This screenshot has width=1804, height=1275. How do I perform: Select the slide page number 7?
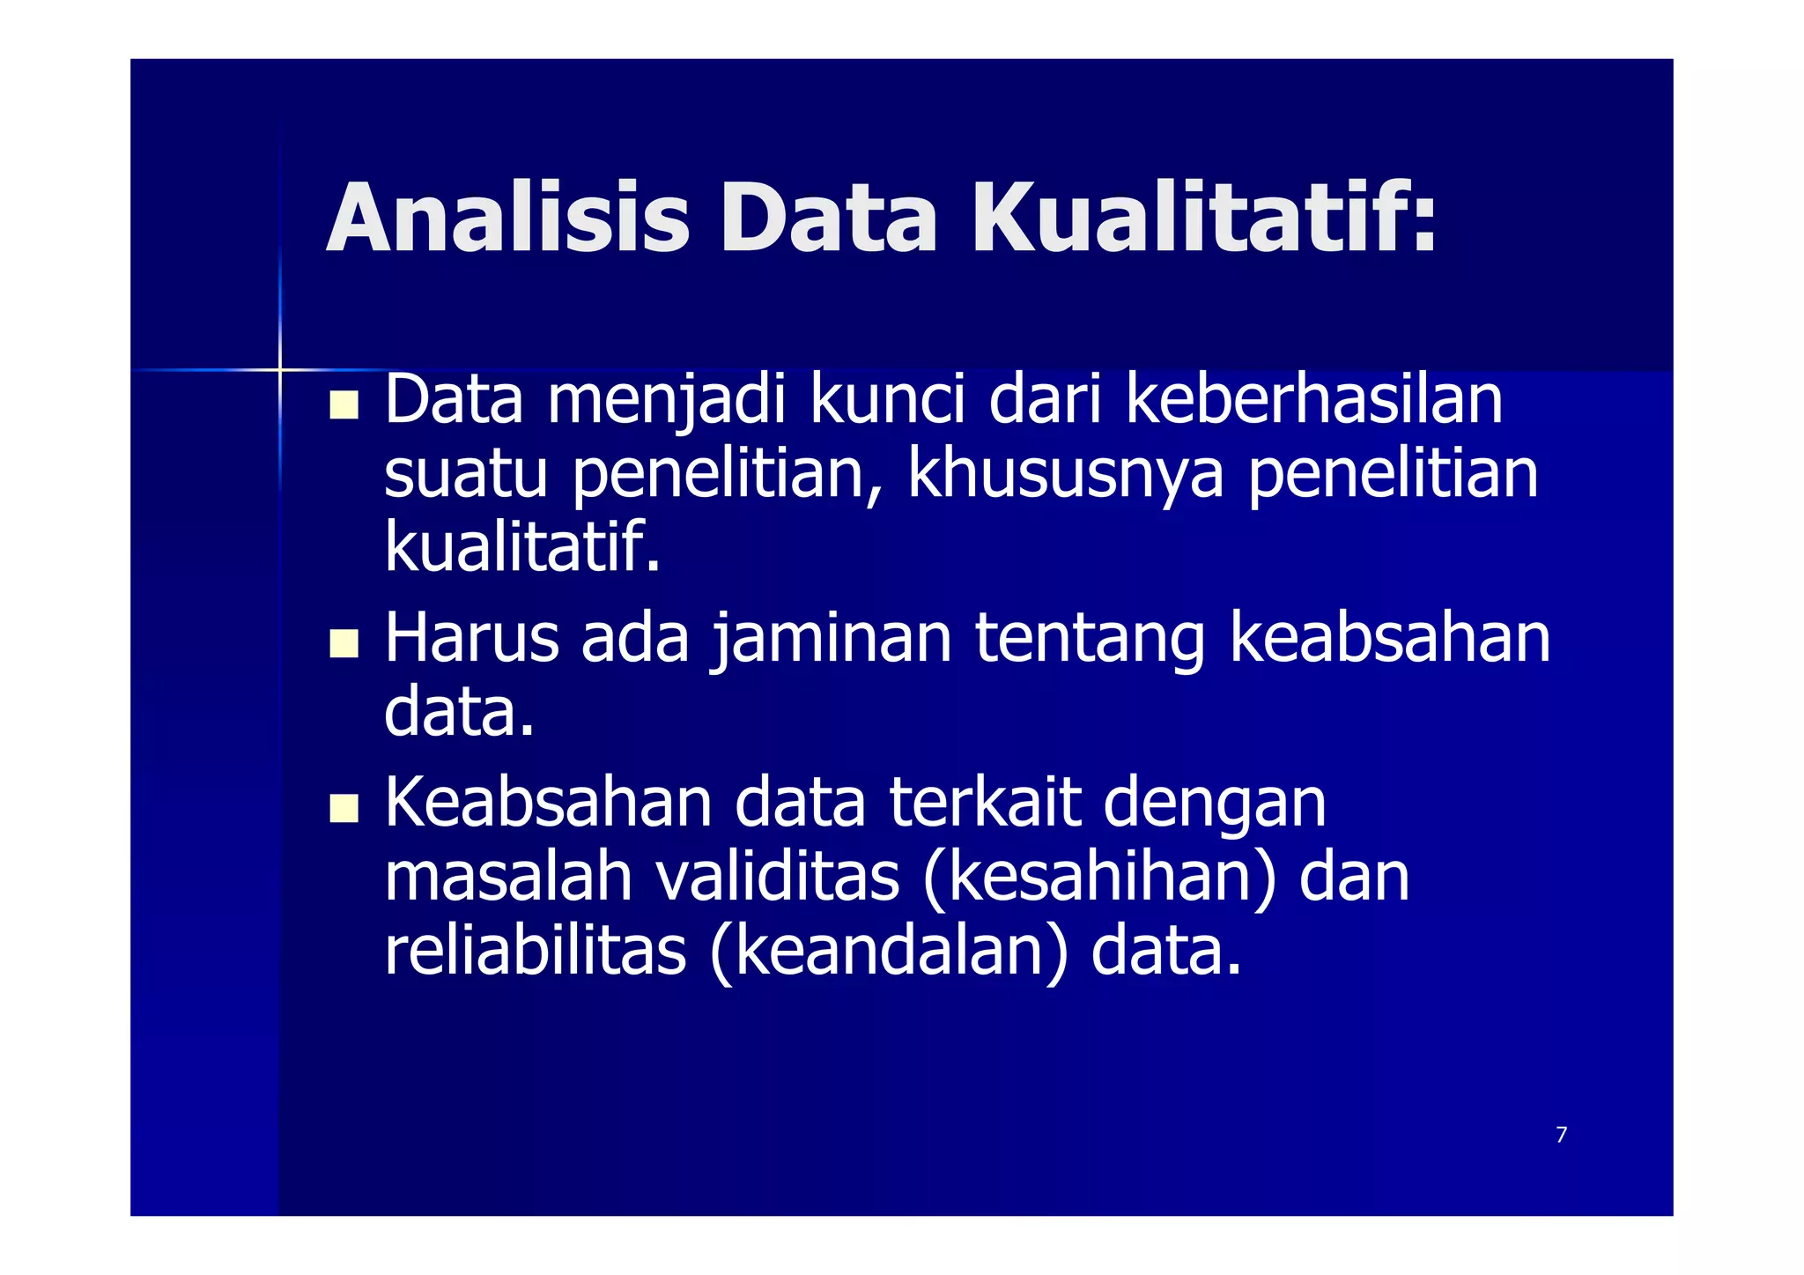[x=1561, y=1135]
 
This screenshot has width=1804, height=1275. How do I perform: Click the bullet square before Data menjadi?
[x=344, y=404]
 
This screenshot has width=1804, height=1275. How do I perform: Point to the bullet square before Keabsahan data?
[x=344, y=808]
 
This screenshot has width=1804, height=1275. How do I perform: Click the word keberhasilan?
[x=1314, y=401]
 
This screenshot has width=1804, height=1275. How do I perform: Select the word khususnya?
[x=1065, y=476]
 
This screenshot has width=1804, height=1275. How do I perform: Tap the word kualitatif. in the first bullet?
[x=521, y=546]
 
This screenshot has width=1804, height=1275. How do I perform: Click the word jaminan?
[x=832, y=641]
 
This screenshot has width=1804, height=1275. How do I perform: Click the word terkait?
[x=984, y=803]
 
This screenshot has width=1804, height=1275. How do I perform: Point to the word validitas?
[x=777, y=878]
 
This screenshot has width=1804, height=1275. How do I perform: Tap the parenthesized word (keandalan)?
[x=889, y=953]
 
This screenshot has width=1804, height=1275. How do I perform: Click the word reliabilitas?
[x=535, y=952]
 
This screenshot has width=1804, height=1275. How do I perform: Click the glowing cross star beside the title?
[x=280, y=369]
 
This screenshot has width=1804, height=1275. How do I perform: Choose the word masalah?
[x=508, y=878]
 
